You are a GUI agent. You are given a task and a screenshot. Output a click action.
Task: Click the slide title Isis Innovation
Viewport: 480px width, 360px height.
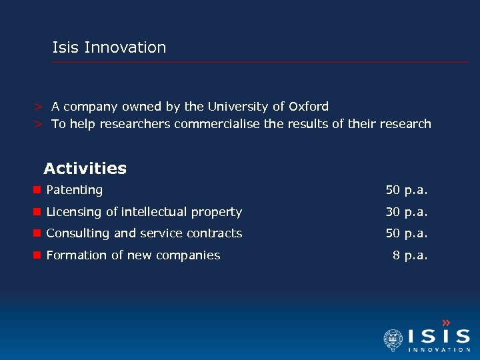[109, 47]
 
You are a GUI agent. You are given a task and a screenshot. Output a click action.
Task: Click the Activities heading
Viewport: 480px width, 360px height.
[85, 168]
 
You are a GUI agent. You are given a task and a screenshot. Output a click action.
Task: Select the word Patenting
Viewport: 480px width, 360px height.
[74, 190]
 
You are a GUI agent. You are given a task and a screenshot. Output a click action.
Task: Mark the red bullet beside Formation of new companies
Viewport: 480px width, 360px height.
[38, 255]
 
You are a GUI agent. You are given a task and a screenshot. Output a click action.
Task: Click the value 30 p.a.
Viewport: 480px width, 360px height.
[406, 212]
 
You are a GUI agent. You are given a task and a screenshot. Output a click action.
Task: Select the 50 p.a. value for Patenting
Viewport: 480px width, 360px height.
[406, 190]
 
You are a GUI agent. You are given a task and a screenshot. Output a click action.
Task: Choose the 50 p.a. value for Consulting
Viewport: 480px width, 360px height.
[406, 233]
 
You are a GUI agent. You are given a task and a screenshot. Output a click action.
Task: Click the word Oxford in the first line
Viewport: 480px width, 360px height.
[309, 106]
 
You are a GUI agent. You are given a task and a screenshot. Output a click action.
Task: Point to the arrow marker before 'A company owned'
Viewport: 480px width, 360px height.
[40, 107]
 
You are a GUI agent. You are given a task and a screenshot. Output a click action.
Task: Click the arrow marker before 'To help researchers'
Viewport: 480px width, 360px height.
[40, 125]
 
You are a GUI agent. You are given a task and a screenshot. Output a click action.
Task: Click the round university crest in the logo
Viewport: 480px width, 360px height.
[393, 340]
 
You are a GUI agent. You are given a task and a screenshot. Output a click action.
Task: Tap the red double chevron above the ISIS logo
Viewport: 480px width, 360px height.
[446, 323]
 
